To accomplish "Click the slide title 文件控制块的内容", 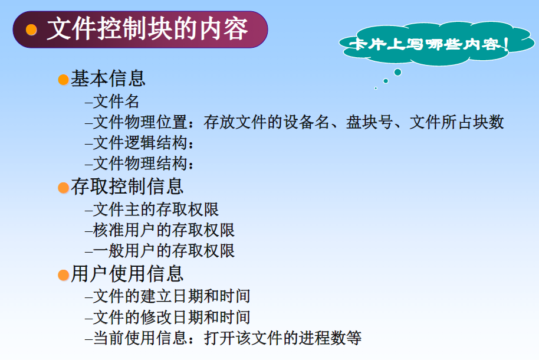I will click(x=147, y=29).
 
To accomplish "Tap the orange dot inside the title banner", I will click(x=32, y=30).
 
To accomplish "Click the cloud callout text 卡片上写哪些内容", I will click(x=429, y=44).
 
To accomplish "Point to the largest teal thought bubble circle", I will click(x=397, y=72).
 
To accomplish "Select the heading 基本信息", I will click(x=108, y=78).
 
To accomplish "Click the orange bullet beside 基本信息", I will click(x=63, y=80).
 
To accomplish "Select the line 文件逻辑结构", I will click(x=143, y=143).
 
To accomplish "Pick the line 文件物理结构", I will click(x=143, y=163).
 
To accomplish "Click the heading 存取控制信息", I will click(x=127, y=186).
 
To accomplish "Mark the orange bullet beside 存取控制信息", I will click(x=63, y=188).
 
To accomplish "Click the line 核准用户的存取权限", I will click(x=164, y=230).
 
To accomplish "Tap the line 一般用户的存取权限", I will click(x=164, y=250).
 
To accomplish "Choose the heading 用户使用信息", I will click(x=127, y=273).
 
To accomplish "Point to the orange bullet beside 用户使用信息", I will click(x=63, y=275).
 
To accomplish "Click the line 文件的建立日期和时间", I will click(x=172, y=296).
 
